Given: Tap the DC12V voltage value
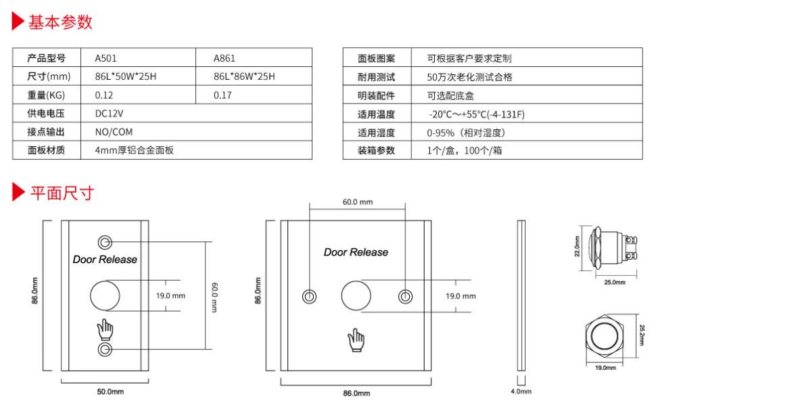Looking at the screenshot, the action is [x=109, y=114].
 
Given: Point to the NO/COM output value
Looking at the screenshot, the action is [x=114, y=132].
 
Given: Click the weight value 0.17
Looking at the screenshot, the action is [x=222, y=95].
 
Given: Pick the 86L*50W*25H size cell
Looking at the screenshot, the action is [x=126, y=76].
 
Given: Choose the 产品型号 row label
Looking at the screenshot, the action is [x=46, y=58].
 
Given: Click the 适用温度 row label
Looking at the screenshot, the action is [x=376, y=114].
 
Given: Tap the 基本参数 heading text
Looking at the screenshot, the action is [x=61, y=22].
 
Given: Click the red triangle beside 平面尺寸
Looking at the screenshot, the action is [x=18, y=192].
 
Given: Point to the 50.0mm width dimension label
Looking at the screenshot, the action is [x=110, y=392].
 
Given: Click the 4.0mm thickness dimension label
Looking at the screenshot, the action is [x=521, y=392].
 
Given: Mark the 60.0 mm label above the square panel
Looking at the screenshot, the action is [x=357, y=202].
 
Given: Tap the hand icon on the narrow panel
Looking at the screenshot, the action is [x=105, y=329].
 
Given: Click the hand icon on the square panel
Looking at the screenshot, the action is [x=356, y=340].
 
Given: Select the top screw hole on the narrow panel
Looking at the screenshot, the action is [x=105, y=241].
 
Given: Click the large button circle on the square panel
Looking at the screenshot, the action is [x=356, y=296].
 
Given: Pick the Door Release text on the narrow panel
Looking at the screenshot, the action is [x=105, y=260].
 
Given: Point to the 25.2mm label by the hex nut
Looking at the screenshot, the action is [x=641, y=335].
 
